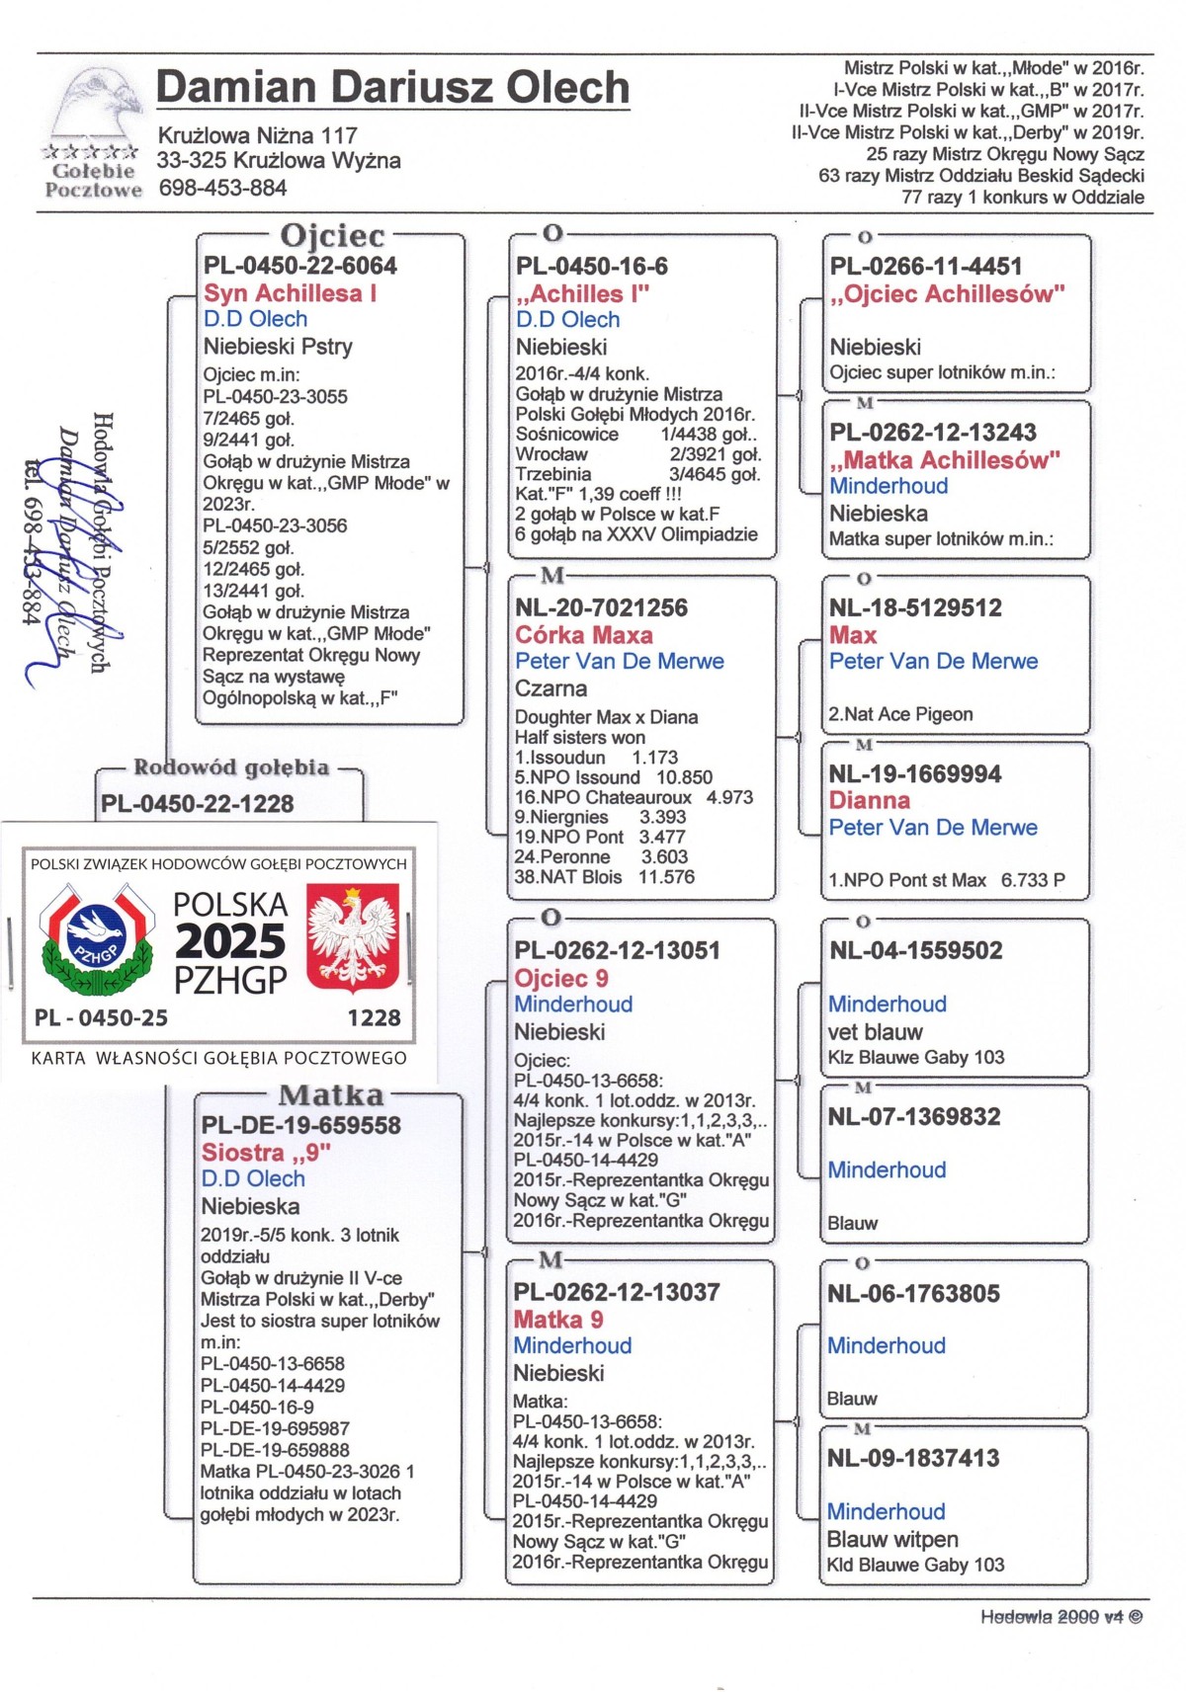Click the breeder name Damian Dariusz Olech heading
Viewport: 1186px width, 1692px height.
[392, 88]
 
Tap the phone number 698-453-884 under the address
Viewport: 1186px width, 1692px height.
[222, 188]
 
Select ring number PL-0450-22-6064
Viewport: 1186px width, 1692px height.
[300, 266]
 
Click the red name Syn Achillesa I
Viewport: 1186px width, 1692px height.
[290, 293]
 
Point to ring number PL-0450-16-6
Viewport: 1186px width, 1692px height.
[591, 266]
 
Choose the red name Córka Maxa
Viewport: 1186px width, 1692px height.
[583, 635]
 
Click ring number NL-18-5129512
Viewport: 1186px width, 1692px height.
[915, 607]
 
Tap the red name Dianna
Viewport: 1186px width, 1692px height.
[869, 800]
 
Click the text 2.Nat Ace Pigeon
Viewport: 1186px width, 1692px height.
[900, 714]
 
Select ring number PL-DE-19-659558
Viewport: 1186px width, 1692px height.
[300, 1125]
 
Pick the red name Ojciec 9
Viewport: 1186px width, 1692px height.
[560, 979]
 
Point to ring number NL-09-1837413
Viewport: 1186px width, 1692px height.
[913, 1458]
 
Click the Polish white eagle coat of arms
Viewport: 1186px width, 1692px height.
[352, 936]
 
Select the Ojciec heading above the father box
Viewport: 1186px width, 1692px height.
[332, 235]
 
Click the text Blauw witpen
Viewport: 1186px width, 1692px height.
[892, 1539]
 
